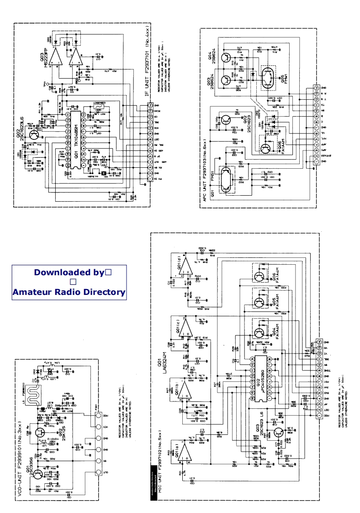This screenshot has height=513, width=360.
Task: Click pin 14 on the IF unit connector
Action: coord(151,106)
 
